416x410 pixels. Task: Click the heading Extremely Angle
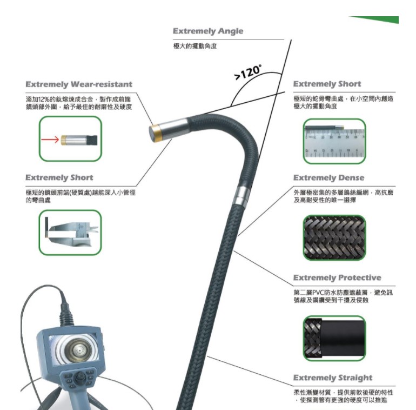[208, 31]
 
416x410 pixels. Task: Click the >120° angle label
[249, 73]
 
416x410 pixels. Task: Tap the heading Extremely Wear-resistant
[79, 84]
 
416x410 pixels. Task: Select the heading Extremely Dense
[328, 178]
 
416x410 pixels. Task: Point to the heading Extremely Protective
[337, 278]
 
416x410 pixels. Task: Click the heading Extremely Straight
[333, 378]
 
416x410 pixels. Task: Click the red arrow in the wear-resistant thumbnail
[52, 140]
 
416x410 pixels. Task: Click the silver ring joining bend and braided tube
[244, 191]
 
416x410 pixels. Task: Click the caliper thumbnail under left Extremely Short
[70, 232]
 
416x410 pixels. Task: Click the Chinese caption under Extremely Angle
[196, 46]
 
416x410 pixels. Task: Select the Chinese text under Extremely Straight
[340, 395]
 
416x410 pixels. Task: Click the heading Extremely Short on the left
[59, 178]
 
